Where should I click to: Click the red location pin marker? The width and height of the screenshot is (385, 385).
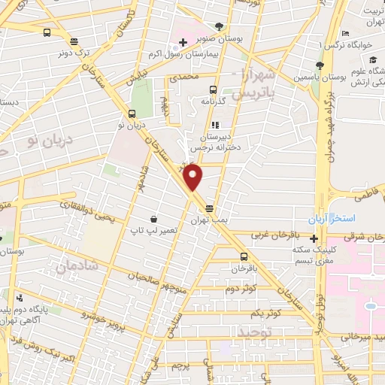194,177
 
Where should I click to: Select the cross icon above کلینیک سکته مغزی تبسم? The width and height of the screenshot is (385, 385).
314,238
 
